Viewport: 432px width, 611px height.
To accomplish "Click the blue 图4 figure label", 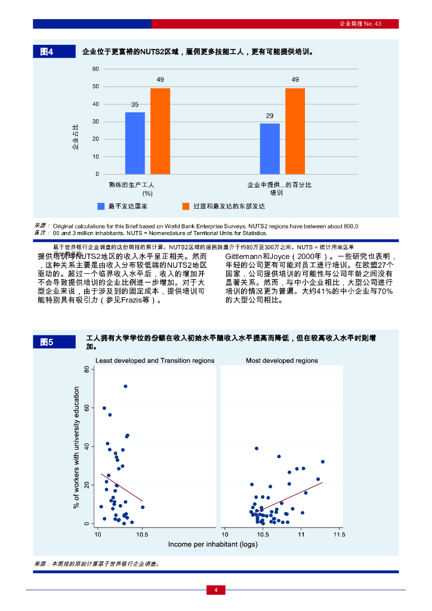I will pos(54,52).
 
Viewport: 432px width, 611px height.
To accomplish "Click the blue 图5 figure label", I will pos(54,342).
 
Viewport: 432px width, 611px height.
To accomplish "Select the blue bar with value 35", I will pos(135,143).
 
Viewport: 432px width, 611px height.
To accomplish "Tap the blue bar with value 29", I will pos(270,149).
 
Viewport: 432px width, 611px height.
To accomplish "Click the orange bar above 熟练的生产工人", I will pos(160,131).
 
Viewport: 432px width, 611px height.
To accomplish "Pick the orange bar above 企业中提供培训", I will pos(295,131).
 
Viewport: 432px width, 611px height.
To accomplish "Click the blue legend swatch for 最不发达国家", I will pos(101,206).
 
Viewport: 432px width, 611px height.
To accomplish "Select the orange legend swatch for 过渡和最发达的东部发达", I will pos(186,206).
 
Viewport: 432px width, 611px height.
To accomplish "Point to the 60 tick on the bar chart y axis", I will pos(95,69).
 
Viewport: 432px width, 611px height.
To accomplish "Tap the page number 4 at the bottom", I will pos(216,590).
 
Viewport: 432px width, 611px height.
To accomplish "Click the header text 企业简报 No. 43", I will pos(360,24).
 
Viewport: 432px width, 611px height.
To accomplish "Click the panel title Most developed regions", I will pos(282,360).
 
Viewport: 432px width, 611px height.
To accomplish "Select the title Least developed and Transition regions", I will pos(155,360).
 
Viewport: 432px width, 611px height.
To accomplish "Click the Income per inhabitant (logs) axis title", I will pos(213,544).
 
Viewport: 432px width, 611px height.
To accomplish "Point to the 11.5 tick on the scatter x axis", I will pos(339,535).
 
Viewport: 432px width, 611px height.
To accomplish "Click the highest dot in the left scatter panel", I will pos(125,386).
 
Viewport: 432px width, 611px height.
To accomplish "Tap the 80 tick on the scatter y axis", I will pos(87,370).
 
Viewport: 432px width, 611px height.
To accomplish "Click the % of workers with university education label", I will pos(76,448).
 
